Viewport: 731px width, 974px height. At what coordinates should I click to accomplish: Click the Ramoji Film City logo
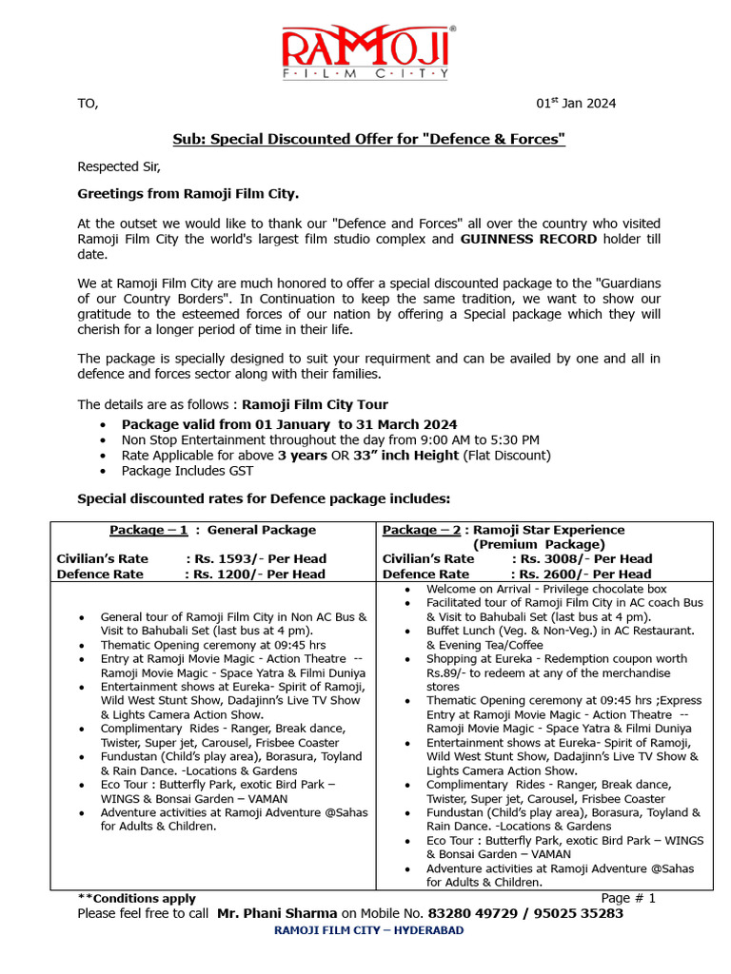tap(365, 51)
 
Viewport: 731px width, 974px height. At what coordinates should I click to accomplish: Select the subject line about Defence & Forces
tap(368, 140)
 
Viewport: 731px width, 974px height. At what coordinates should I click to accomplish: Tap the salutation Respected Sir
tap(119, 167)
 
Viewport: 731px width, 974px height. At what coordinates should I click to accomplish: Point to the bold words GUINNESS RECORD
tap(528, 239)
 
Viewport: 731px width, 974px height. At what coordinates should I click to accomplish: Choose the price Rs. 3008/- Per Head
tap(583, 559)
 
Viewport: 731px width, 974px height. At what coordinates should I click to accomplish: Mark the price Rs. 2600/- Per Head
tap(583, 574)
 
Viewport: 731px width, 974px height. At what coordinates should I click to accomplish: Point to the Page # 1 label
tap(628, 898)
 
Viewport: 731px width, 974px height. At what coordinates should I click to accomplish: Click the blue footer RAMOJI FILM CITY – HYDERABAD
tap(368, 930)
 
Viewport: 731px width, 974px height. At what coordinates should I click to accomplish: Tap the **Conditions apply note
tap(136, 898)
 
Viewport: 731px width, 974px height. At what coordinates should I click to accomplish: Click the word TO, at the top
tap(88, 104)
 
